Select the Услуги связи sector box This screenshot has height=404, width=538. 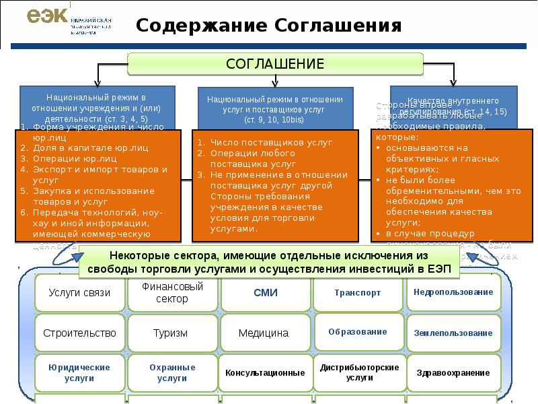pyautogui.click(x=79, y=293)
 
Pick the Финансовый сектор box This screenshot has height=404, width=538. pyautogui.click(x=172, y=292)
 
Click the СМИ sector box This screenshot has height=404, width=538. pyautogui.click(x=265, y=293)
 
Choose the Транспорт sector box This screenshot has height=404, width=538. pyautogui.click(x=357, y=293)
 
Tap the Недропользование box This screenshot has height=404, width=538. pyautogui.click(x=453, y=292)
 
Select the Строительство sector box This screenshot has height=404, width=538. pyautogui.click(x=79, y=333)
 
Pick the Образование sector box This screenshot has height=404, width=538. pyautogui.click(x=357, y=332)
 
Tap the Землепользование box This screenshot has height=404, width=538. pyautogui.click(x=453, y=333)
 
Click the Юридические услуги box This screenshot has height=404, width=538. pyautogui.click(x=79, y=372)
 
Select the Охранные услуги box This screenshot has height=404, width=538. pyautogui.click(x=172, y=372)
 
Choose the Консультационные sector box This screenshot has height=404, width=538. pyautogui.click(x=265, y=372)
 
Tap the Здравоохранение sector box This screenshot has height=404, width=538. pyautogui.click(x=453, y=372)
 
